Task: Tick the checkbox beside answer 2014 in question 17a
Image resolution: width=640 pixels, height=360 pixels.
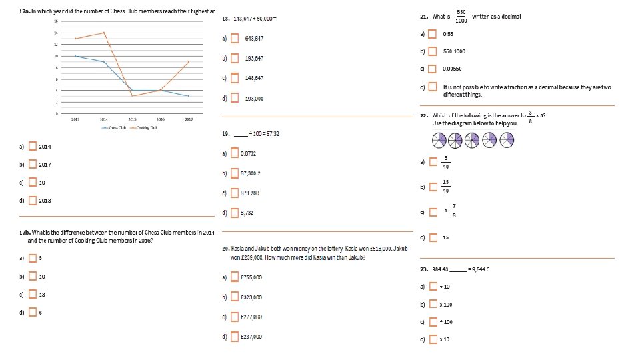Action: point(33,147)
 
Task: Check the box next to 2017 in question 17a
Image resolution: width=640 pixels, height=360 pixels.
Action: point(33,165)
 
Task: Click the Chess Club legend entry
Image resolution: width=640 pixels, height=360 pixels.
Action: point(114,127)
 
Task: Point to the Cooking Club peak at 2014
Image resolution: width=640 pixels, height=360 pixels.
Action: point(104,33)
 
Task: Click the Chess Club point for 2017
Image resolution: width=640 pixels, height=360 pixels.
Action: point(189,96)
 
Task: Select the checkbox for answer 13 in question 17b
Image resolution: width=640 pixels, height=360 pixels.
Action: point(33,294)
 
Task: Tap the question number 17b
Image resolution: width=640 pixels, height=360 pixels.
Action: point(27,232)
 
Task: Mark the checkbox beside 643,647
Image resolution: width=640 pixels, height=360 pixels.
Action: point(235,38)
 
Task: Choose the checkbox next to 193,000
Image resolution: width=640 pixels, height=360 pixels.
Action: point(235,98)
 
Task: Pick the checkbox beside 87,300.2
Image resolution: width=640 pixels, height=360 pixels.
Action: point(235,173)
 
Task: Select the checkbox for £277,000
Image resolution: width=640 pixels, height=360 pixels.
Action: point(235,317)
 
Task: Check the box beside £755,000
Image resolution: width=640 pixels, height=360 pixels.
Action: point(235,277)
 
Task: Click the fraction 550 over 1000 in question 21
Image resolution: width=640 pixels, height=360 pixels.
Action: point(461,17)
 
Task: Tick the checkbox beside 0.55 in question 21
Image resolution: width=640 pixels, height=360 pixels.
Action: point(433,33)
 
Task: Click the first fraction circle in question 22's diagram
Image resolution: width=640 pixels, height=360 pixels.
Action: point(439,140)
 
